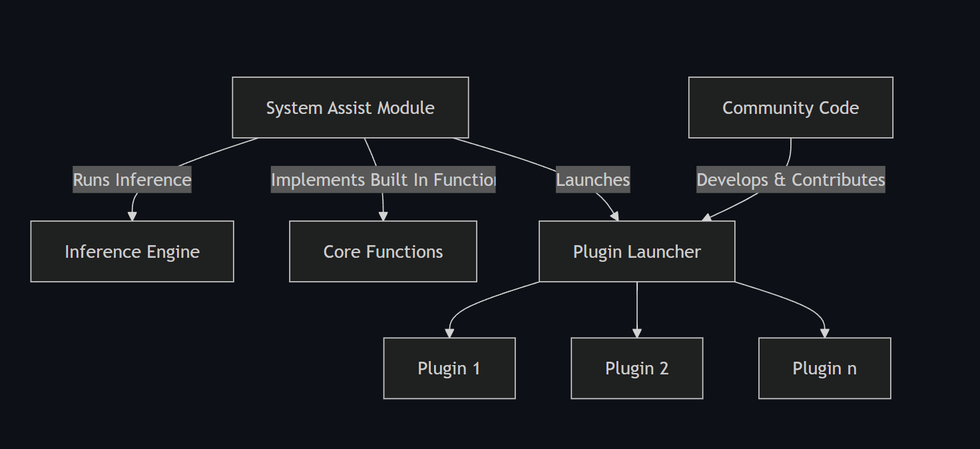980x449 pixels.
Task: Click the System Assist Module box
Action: (350, 107)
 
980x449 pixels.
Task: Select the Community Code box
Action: (790, 107)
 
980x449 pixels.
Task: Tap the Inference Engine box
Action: (132, 251)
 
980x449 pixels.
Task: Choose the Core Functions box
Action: (383, 251)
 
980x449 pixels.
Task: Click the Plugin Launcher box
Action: (636, 251)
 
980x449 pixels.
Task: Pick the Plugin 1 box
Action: (449, 368)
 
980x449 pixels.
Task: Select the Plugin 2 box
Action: (636, 368)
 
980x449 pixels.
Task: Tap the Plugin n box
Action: (824, 368)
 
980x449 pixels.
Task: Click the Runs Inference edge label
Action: (132, 179)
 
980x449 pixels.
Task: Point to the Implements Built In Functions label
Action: (383, 179)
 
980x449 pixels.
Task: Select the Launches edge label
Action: (593, 179)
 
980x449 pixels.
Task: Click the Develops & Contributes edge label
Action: (790, 179)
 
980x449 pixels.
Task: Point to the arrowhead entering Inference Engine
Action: (132, 216)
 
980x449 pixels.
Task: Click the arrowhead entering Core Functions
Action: (383, 216)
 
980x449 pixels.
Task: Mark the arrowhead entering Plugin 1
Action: (449, 333)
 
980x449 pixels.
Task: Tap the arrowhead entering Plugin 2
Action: (637, 333)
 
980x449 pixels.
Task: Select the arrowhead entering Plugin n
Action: (824, 333)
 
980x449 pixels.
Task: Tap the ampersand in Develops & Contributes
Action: (780, 180)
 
